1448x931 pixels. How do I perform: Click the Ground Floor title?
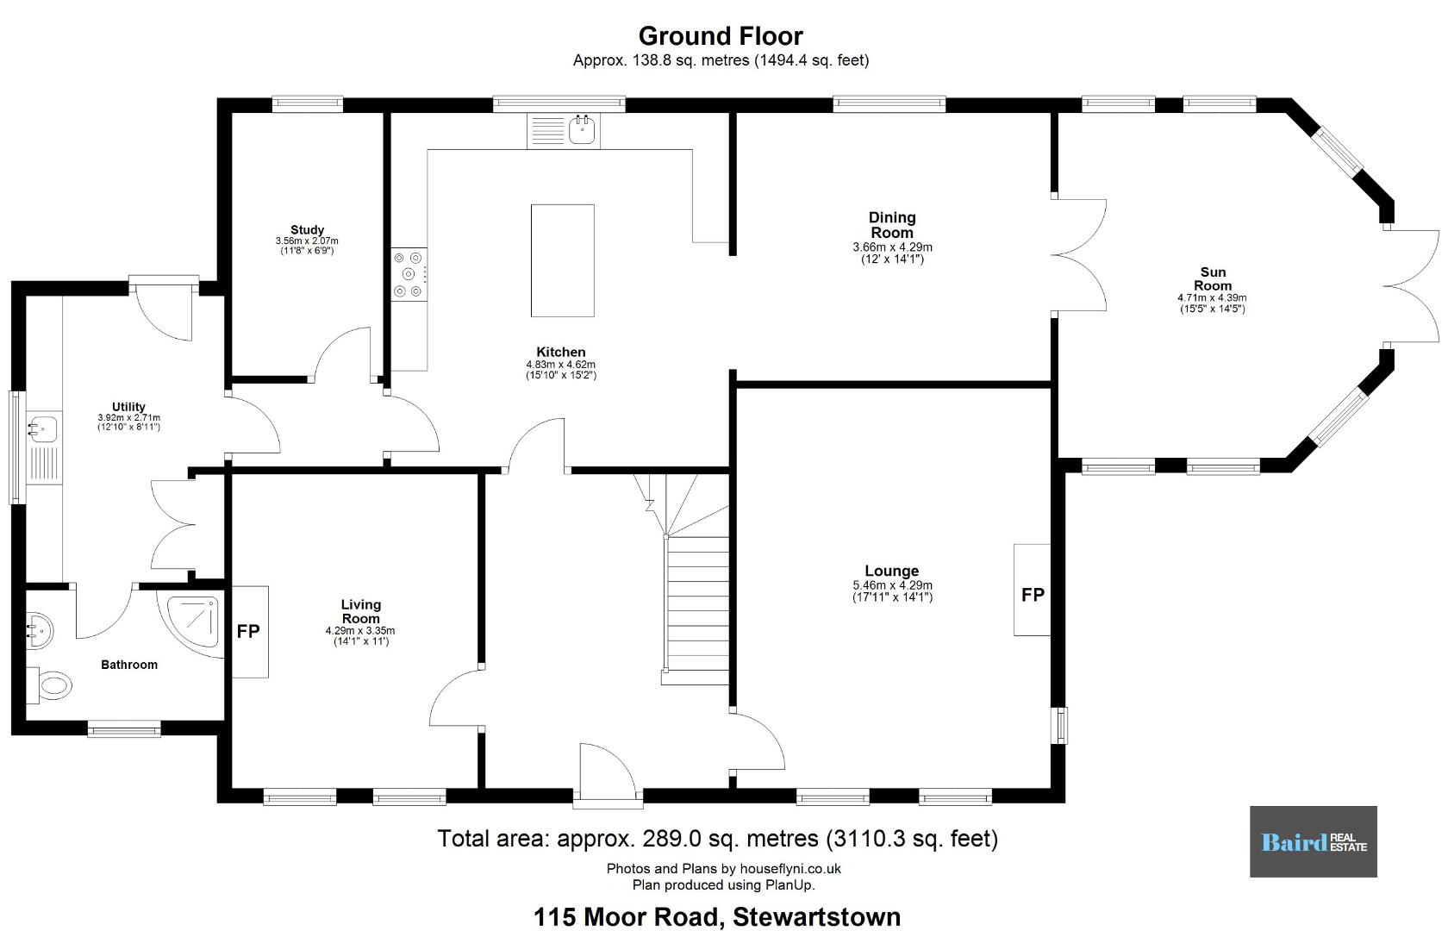click(x=721, y=36)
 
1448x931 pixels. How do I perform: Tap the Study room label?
click(x=307, y=229)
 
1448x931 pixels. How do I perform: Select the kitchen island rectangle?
click(x=562, y=260)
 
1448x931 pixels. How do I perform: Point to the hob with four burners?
click(x=409, y=274)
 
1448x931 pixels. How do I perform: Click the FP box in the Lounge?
click(x=1032, y=590)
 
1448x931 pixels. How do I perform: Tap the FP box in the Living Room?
click(x=250, y=632)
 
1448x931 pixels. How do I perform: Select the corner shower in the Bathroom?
click(x=192, y=622)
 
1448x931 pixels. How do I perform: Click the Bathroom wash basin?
click(x=38, y=629)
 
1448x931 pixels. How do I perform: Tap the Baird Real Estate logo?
click(x=1313, y=841)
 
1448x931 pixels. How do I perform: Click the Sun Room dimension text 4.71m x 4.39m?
click(x=1212, y=298)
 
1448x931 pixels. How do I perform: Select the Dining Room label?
click(x=892, y=225)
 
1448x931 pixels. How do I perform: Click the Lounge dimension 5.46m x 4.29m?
click(x=892, y=585)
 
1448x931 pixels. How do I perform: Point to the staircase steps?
click(x=696, y=609)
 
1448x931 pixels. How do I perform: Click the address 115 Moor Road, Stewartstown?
click(x=717, y=917)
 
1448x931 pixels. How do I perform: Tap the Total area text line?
click(x=717, y=839)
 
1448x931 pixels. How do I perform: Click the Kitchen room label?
click(x=561, y=353)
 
